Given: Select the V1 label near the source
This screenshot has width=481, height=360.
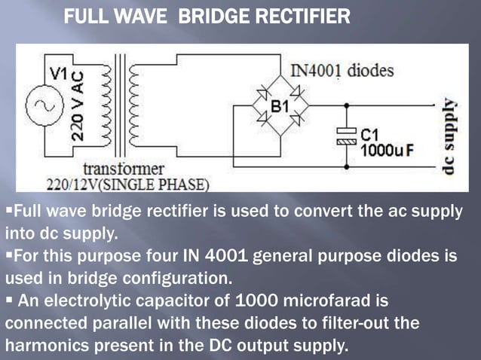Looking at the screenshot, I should (59, 73).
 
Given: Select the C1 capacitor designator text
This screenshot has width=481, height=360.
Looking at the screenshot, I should (369, 134).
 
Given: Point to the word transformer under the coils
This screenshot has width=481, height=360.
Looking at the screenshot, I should (124, 168).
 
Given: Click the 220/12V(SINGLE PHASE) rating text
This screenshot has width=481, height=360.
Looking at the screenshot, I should (128, 183).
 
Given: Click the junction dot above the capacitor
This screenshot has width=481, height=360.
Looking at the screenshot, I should (346, 105).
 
